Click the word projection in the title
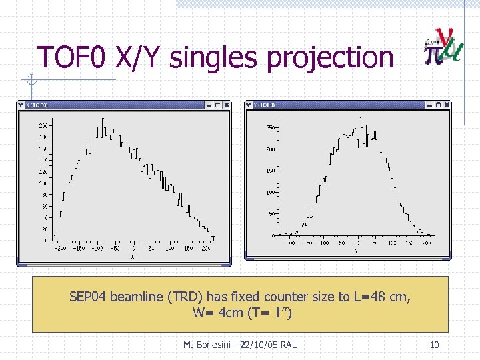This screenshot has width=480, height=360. tap(331, 59)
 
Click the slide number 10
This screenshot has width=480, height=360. tap(434, 345)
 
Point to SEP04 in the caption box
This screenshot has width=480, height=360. tap(88, 297)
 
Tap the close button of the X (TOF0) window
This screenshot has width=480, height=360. tap(227, 105)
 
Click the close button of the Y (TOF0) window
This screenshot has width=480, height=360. tap(447, 105)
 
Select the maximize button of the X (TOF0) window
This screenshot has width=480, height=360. tap(217, 105)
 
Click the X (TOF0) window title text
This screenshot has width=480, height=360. tap(37, 105)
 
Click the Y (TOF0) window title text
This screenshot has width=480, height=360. tap(264, 105)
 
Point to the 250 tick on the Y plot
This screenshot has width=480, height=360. tap(271, 127)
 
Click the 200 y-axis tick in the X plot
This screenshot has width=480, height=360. tap(42, 125)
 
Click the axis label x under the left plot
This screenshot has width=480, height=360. tap(132, 255)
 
